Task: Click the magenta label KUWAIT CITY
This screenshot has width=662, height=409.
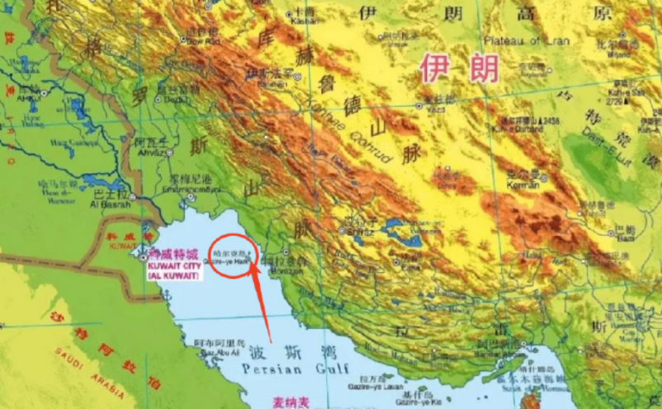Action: click(174, 267)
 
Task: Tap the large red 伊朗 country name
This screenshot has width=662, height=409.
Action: click(458, 68)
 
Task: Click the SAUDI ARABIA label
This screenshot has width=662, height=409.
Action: click(83, 362)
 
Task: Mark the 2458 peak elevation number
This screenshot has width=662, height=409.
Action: click(552, 120)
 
